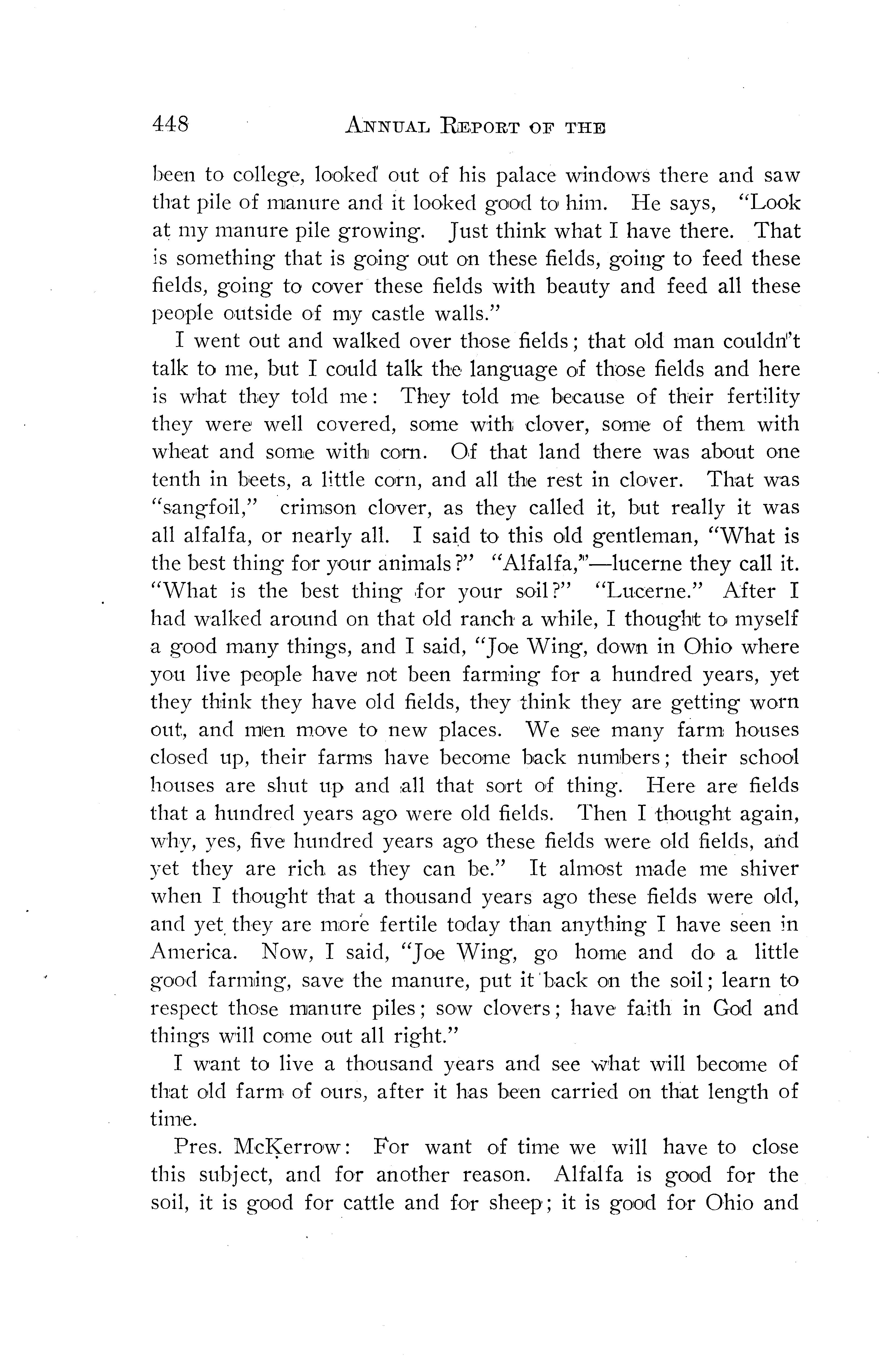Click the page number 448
(x=170, y=124)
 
